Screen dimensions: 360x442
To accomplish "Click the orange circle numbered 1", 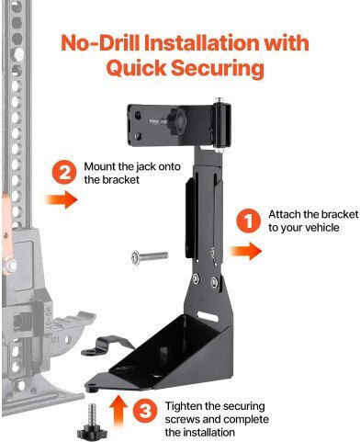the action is click(x=248, y=221).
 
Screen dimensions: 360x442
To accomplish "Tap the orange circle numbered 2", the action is click(x=64, y=173).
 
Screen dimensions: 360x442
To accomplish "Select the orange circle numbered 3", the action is click(x=145, y=411).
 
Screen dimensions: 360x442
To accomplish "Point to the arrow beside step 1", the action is click(x=245, y=251).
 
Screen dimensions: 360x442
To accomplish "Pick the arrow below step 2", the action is click(x=62, y=199).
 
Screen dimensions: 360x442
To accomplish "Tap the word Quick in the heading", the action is click(x=136, y=68).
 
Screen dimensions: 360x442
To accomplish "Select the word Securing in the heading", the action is click(x=218, y=69).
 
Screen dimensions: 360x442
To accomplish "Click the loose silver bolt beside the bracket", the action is click(x=150, y=257).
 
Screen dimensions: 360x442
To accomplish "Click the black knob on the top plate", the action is click(x=176, y=121).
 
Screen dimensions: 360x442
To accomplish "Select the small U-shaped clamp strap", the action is click(x=107, y=345).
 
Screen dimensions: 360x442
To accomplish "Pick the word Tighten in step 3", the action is click(x=184, y=406).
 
